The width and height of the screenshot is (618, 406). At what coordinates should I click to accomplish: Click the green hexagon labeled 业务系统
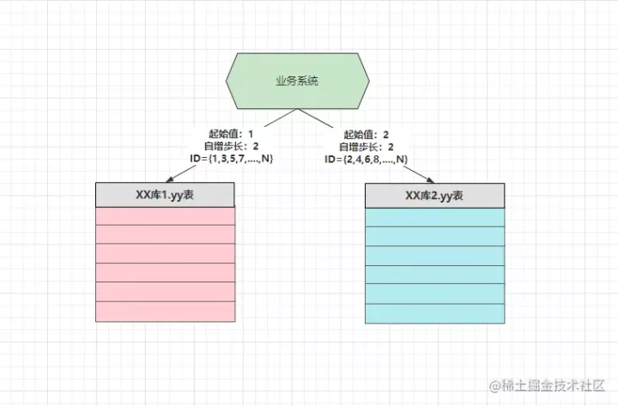click(x=298, y=81)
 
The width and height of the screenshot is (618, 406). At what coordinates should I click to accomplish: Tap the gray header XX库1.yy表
click(x=165, y=195)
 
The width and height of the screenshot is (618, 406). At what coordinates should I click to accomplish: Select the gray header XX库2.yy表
click(x=434, y=196)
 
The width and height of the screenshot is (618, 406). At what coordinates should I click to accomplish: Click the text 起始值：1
click(x=231, y=134)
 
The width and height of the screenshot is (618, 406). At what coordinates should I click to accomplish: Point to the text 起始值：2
click(x=367, y=135)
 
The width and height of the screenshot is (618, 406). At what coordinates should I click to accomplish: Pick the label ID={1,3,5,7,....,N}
click(x=232, y=159)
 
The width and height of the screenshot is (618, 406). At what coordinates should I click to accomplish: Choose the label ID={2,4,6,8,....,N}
click(x=367, y=160)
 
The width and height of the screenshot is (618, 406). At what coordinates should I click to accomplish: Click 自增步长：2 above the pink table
click(x=232, y=146)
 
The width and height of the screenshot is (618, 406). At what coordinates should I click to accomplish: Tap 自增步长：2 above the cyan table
click(x=367, y=147)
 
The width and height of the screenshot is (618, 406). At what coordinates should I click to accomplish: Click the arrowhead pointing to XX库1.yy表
click(x=169, y=179)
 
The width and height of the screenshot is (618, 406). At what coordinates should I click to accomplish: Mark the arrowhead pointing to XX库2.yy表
click(x=430, y=180)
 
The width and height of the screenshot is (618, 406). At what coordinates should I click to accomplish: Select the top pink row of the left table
click(x=165, y=216)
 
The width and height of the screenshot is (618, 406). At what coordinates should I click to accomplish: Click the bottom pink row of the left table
click(x=165, y=312)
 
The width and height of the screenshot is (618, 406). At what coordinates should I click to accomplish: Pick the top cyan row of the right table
click(x=434, y=217)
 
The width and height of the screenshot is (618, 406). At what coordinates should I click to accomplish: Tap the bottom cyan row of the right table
click(x=434, y=314)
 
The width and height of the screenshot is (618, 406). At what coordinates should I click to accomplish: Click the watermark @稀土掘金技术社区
click(x=547, y=385)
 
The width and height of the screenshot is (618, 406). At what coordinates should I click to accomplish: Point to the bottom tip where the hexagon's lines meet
click(x=298, y=109)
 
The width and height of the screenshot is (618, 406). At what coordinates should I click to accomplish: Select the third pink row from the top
click(x=165, y=253)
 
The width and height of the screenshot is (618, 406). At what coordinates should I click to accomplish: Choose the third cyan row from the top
click(x=434, y=256)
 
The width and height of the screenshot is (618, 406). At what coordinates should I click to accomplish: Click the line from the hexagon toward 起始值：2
click(x=315, y=118)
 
